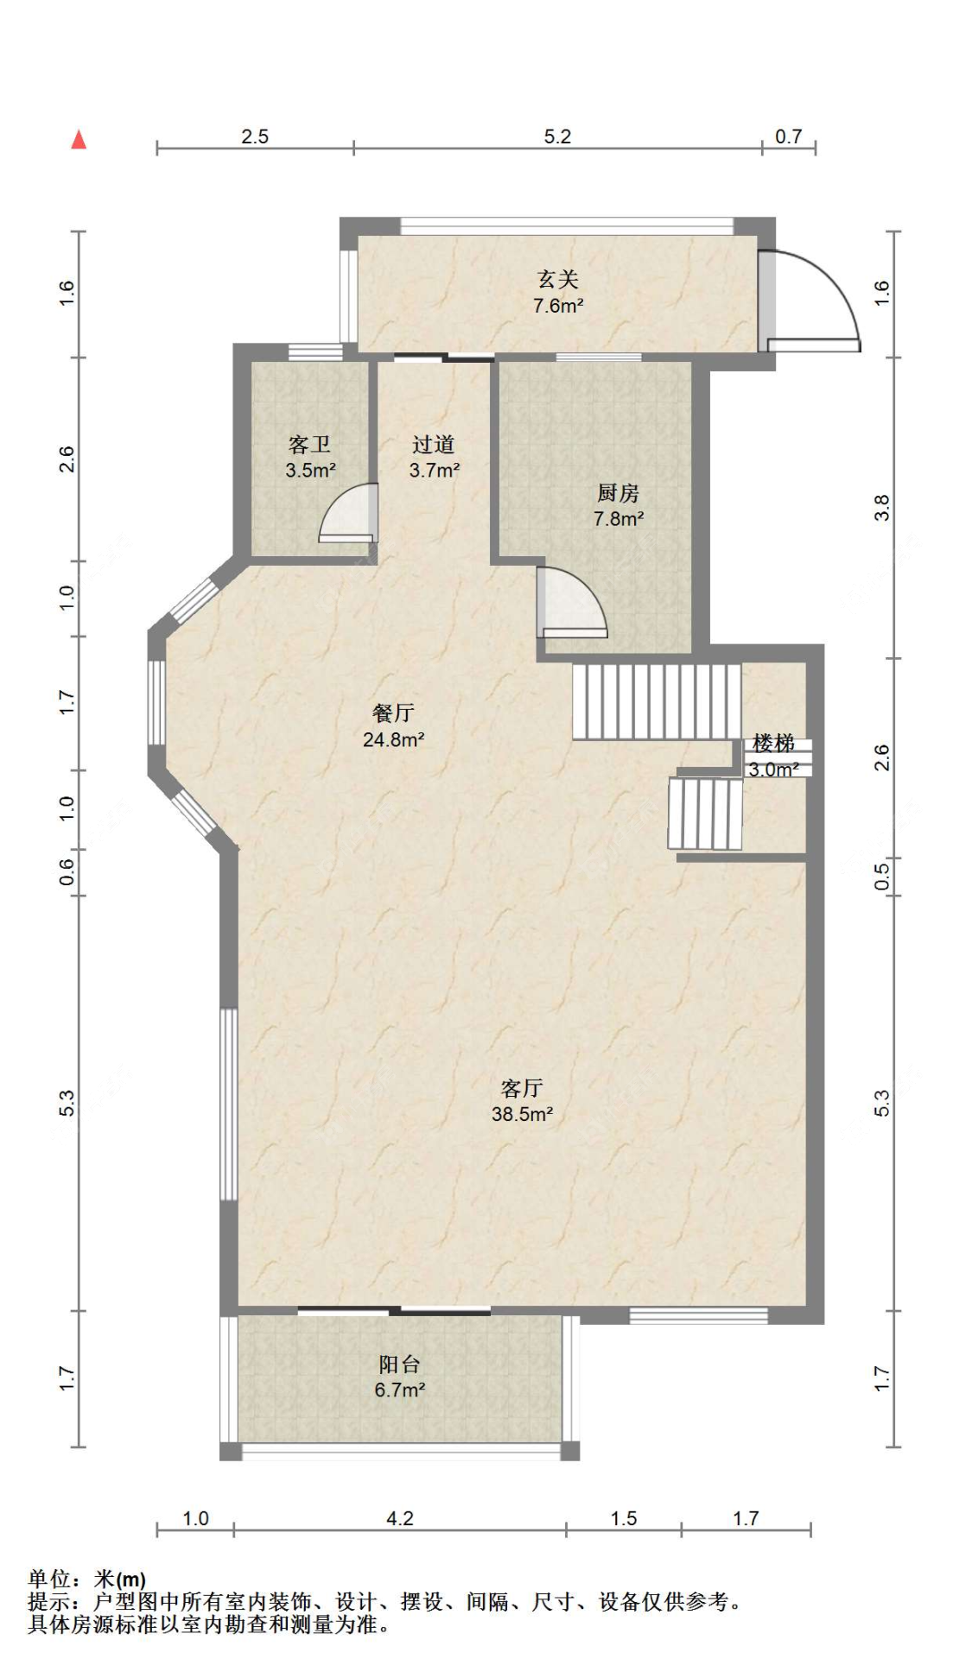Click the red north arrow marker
coord(79,139)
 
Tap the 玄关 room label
coord(557,279)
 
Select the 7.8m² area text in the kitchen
coord(619,519)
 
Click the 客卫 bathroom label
coord(309,445)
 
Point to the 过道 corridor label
coord(433,445)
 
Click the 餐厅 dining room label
coord(393,712)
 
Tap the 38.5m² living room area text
coord(523,1114)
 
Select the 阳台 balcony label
coord(399,1365)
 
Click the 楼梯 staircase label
coord(773,743)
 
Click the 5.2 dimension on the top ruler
coord(557,136)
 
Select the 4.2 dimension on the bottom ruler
coord(400,1518)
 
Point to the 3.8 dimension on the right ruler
coord(881,508)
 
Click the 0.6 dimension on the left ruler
coord(67,874)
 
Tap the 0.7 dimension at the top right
coord(788,136)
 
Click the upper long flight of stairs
coord(657,701)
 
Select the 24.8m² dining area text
coord(393,739)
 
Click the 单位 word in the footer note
coord(49,1580)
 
